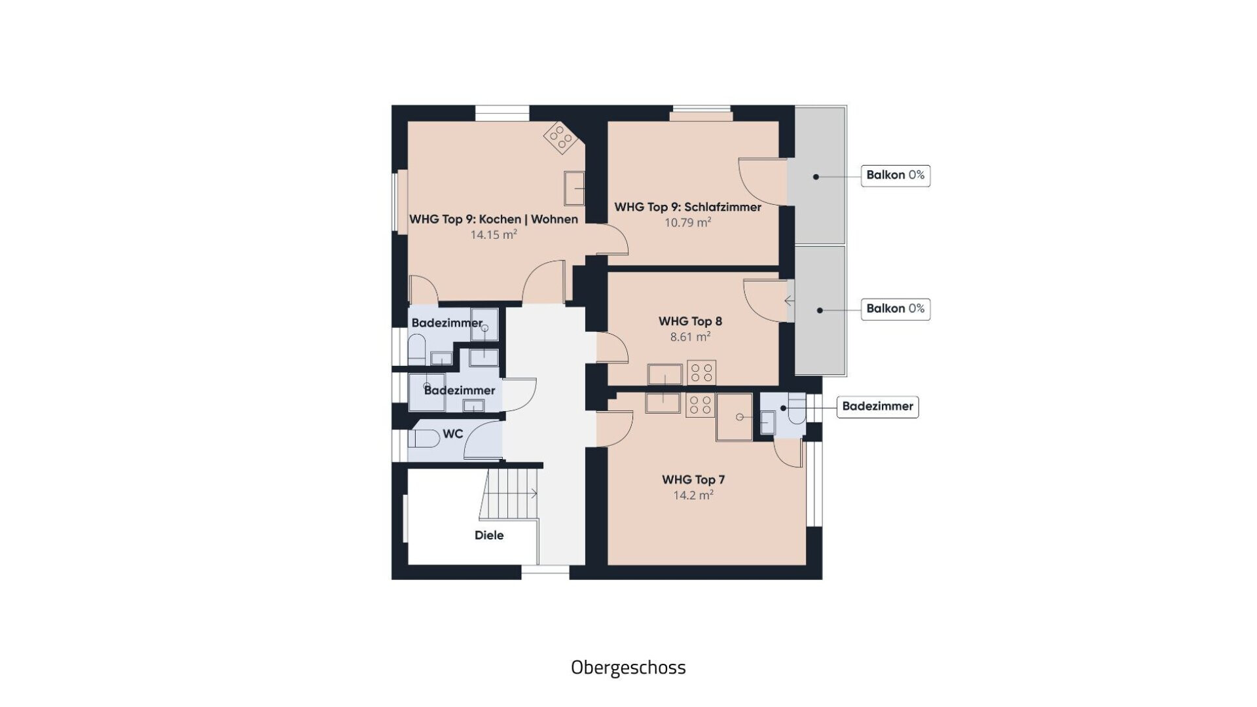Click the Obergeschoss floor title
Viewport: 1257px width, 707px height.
click(x=628, y=667)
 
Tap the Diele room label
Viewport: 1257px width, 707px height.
click(x=489, y=535)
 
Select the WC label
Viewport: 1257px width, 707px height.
click(x=453, y=434)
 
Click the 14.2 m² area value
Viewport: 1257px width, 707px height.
click(x=693, y=496)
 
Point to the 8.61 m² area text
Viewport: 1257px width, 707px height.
click(x=690, y=337)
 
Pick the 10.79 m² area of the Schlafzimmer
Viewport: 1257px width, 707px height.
click(x=688, y=223)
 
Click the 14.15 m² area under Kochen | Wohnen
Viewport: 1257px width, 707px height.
click(x=494, y=234)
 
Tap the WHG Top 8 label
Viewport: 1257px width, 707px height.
click(x=690, y=321)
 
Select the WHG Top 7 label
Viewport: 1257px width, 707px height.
click(x=693, y=480)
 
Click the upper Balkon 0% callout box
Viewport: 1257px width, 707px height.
click(x=896, y=175)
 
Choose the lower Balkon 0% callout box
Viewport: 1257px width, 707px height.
click(x=896, y=309)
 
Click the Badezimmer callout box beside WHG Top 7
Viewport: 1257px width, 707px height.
click(x=877, y=407)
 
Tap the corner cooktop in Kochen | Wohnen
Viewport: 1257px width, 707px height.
click(x=560, y=137)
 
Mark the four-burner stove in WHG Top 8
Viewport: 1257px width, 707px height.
click(x=701, y=372)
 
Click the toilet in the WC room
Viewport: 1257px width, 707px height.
click(x=424, y=438)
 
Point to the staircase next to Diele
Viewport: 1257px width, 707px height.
click(x=509, y=493)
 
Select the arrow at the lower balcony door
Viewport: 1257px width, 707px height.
click(x=790, y=301)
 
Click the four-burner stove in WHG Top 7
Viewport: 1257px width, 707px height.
click(x=700, y=405)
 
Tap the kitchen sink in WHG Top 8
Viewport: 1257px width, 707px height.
click(x=665, y=375)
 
